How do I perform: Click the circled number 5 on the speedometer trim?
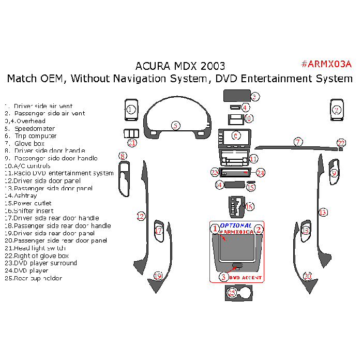coord(176,125)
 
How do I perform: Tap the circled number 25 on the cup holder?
coord(232,293)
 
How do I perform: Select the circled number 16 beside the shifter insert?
coord(249,207)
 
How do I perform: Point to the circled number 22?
coord(341,143)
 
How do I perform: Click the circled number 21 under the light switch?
coord(132,143)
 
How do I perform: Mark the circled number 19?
coord(158,276)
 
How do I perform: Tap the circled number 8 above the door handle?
coord(123,156)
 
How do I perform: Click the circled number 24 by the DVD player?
coord(261,172)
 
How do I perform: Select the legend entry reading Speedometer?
coord(34,129)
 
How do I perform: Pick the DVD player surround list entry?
coord(46,263)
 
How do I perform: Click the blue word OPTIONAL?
coord(236,225)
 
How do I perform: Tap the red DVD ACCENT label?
coord(246,278)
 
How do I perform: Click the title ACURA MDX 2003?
coord(180,66)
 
